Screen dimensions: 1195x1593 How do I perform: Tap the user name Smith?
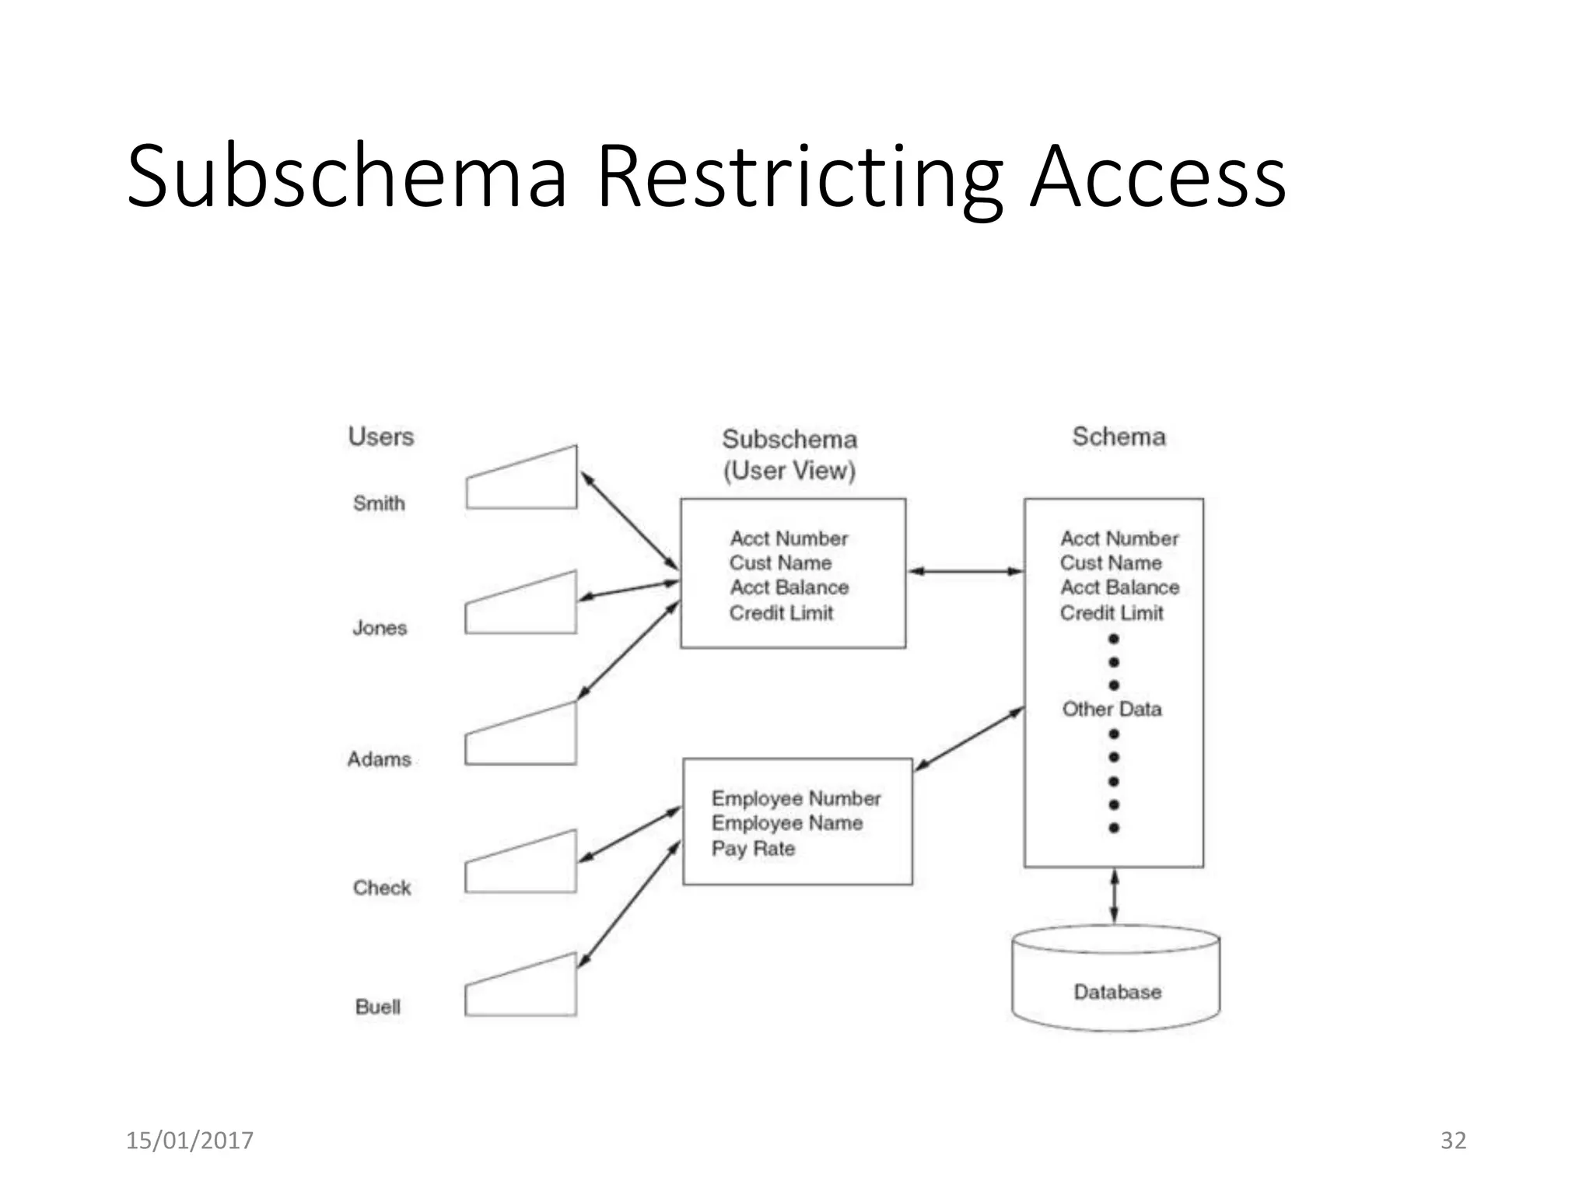coord(379,503)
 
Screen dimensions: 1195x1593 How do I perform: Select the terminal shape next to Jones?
coord(521,608)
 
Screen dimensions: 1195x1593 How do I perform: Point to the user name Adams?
coord(379,759)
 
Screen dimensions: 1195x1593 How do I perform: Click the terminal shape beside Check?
coord(521,865)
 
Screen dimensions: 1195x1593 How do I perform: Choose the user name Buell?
coord(378,1007)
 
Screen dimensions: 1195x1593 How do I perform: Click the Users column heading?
coord(381,436)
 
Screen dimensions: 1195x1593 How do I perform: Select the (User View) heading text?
coord(789,471)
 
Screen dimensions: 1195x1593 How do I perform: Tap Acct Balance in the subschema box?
coord(789,587)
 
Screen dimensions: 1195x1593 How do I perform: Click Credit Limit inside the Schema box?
coord(1112,613)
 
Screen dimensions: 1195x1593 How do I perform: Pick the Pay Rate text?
coord(753,848)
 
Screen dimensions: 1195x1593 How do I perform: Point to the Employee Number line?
coord(796,798)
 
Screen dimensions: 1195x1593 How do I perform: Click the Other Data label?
coord(1112,709)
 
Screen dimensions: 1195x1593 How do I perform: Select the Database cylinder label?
coord(1117,992)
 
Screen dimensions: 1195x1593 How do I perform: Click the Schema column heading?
coord(1119,436)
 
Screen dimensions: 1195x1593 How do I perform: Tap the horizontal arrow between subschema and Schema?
coord(965,571)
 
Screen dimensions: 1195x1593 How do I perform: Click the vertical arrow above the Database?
coord(1114,896)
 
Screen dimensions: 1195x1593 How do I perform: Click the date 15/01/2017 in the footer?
coord(190,1141)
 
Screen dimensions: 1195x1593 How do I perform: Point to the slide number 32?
coord(1453,1141)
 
